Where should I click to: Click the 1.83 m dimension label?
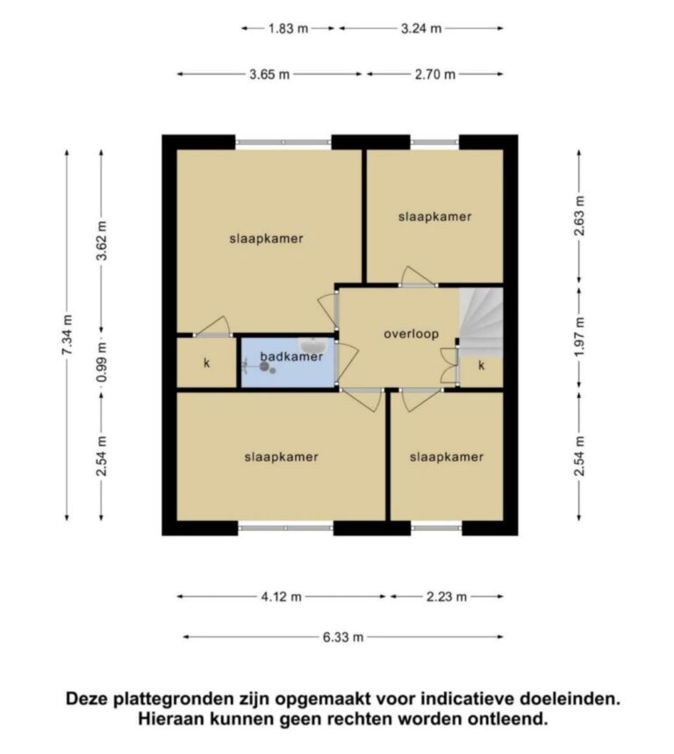[288, 28]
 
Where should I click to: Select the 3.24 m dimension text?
[421, 28]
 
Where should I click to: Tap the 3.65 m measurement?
[269, 75]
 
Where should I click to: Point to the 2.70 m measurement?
[435, 75]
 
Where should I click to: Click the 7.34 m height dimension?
[67, 334]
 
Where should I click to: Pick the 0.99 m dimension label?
[102, 363]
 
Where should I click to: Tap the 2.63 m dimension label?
[579, 216]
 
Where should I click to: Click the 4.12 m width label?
[281, 597]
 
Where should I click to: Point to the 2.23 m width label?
[447, 597]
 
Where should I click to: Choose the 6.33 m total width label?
[343, 637]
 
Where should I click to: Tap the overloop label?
[411, 334]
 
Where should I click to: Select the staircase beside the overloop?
[481, 322]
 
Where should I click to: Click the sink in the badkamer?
[313, 345]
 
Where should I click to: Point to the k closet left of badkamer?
[207, 363]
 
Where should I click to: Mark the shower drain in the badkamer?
[264, 366]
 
